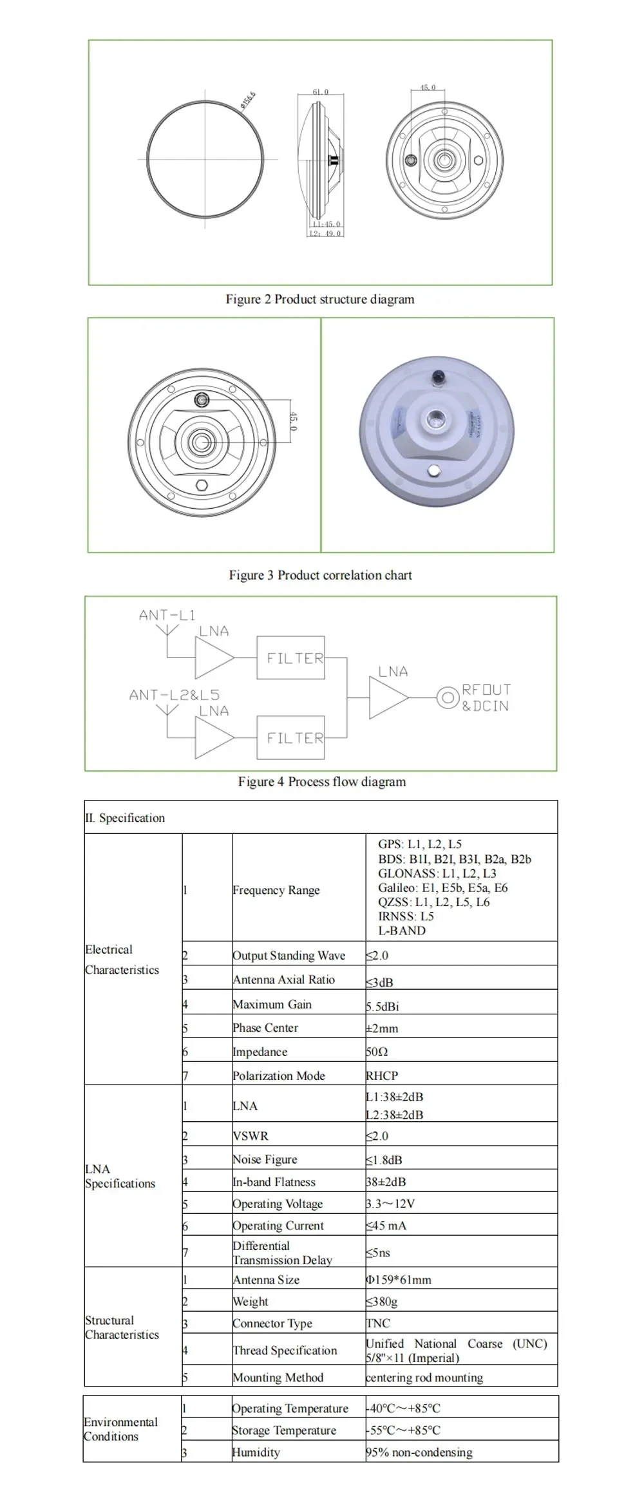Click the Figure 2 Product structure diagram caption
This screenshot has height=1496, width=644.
click(x=319, y=299)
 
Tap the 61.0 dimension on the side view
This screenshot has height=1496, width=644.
click(x=320, y=92)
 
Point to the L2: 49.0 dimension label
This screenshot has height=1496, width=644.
click(x=325, y=233)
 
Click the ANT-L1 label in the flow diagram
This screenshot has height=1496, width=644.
click(x=167, y=615)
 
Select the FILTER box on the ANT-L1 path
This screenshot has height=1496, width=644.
click(x=290, y=658)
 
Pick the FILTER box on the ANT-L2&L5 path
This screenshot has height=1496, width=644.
click(x=290, y=738)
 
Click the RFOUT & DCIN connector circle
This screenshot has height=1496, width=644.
click(x=447, y=697)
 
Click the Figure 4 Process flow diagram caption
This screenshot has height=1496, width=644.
click(x=322, y=782)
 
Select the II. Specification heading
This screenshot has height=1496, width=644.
click(x=125, y=818)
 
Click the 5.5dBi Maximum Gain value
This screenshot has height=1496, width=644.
click(x=383, y=1006)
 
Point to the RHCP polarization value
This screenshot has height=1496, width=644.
click(x=382, y=1075)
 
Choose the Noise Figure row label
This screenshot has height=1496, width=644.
click(x=265, y=1160)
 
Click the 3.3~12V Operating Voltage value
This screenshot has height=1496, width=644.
click(x=390, y=1204)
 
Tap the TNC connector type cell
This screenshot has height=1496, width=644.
click(x=378, y=1323)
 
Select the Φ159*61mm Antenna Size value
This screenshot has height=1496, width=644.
click(x=399, y=1280)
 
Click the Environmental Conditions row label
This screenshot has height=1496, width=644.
click(x=120, y=1429)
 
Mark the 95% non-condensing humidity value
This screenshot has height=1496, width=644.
click(x=419, y=1452)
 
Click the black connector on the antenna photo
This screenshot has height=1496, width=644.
click(x=439, y=375)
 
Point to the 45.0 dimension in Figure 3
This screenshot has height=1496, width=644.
click(x=294, y=421)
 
